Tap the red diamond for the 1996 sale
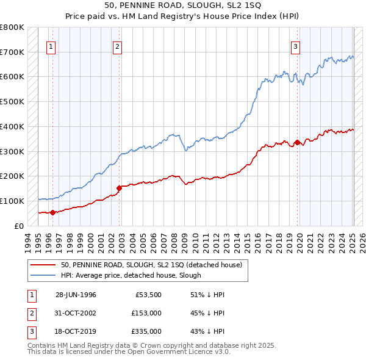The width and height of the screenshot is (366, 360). tap(52, 212)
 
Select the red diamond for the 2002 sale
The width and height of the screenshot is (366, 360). tap(119, 188)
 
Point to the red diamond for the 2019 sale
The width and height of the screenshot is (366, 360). tap(297, 143)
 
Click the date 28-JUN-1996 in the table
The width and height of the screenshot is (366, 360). tap(76, 295)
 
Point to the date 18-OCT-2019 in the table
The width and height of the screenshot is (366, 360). tap(76, 332)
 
